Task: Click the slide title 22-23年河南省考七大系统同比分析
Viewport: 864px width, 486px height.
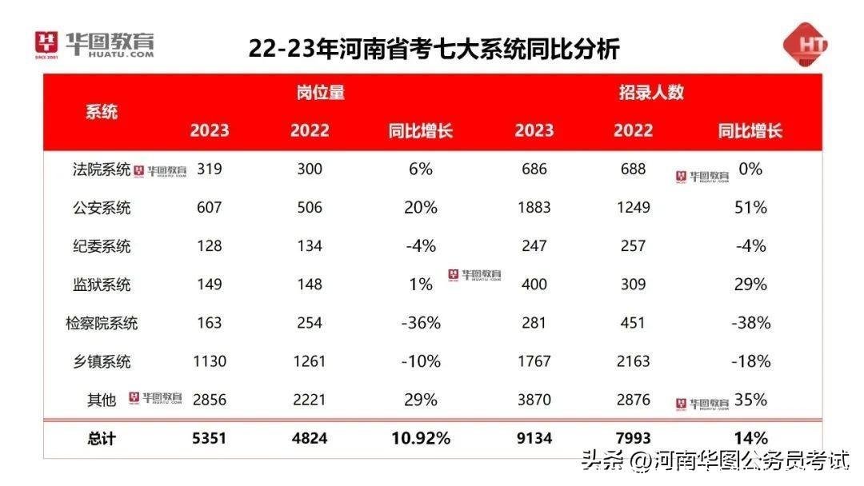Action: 434,48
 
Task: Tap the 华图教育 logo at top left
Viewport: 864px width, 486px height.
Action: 94,45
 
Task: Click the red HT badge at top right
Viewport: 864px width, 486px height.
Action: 805,45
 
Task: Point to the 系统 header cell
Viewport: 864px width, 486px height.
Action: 102,112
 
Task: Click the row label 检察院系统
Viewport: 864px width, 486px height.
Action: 102,323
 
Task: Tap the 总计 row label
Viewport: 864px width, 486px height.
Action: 102,438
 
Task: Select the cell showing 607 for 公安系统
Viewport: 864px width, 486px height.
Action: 210,208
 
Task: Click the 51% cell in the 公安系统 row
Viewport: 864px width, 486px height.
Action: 750,208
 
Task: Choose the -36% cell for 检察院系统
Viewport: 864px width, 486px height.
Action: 421,323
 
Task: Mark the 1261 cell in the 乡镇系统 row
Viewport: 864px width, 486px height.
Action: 309,361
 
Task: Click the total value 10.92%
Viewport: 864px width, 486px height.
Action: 421,438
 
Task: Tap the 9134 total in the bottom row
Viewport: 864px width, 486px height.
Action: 534,438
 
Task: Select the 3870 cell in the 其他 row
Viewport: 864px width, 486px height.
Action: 534,400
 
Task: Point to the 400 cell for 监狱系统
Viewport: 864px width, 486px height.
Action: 534,285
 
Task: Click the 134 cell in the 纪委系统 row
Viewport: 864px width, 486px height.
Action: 309,246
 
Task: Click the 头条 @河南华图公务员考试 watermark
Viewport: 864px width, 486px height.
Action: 714,461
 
